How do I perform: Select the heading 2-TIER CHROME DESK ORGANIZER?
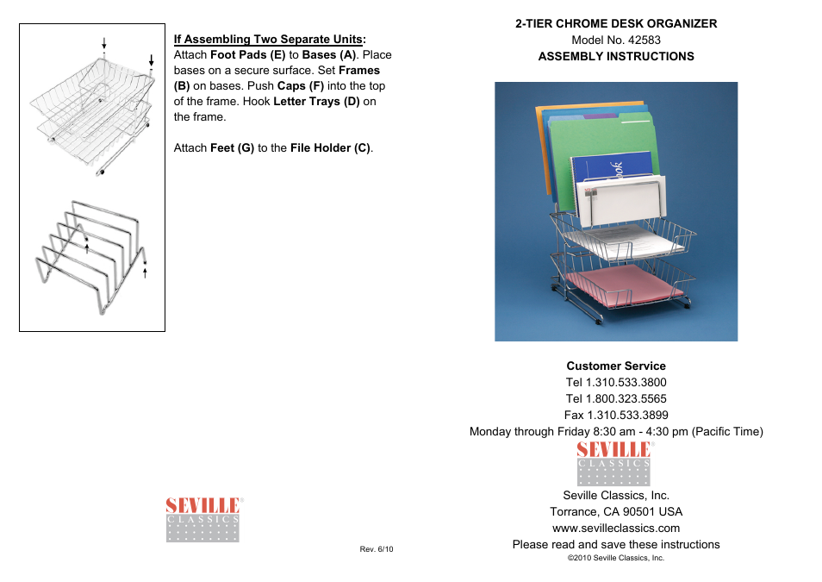point(616,23)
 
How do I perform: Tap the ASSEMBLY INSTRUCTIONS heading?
point(616,56)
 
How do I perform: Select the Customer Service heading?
point(616,366)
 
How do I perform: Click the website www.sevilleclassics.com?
point(616,528)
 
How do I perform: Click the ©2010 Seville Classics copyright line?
point(616,558)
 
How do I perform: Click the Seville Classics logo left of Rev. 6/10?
point(202,520)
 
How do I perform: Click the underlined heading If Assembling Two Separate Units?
point(268,39)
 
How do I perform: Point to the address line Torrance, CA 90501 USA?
point(616,511)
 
